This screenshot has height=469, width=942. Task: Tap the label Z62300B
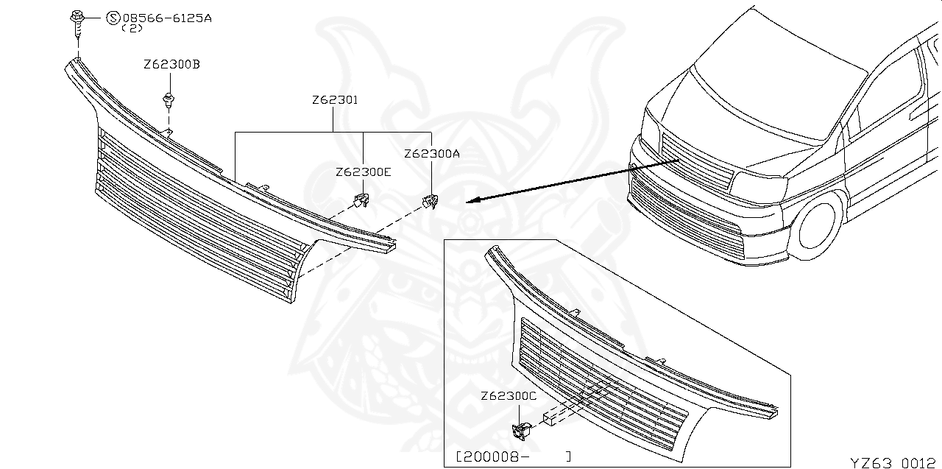tap(172, 65)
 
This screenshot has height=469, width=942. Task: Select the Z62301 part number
tap(334, 100)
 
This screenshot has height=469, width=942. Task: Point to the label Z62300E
tap(364, 172)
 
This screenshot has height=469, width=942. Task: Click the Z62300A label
tap(432, 154)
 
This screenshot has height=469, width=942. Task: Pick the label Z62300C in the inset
tap(509, 396)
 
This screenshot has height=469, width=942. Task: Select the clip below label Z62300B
tap(170, 100)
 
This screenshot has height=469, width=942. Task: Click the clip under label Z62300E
tap(361, 200)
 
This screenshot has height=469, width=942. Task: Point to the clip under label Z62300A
tap(430, 201)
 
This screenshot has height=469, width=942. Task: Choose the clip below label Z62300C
tap(524, 429)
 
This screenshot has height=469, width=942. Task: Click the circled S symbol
tap(113, 17)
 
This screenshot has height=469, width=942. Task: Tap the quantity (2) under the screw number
tap(132, 28)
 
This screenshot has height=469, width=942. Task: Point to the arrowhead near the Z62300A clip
tap(472, 200)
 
